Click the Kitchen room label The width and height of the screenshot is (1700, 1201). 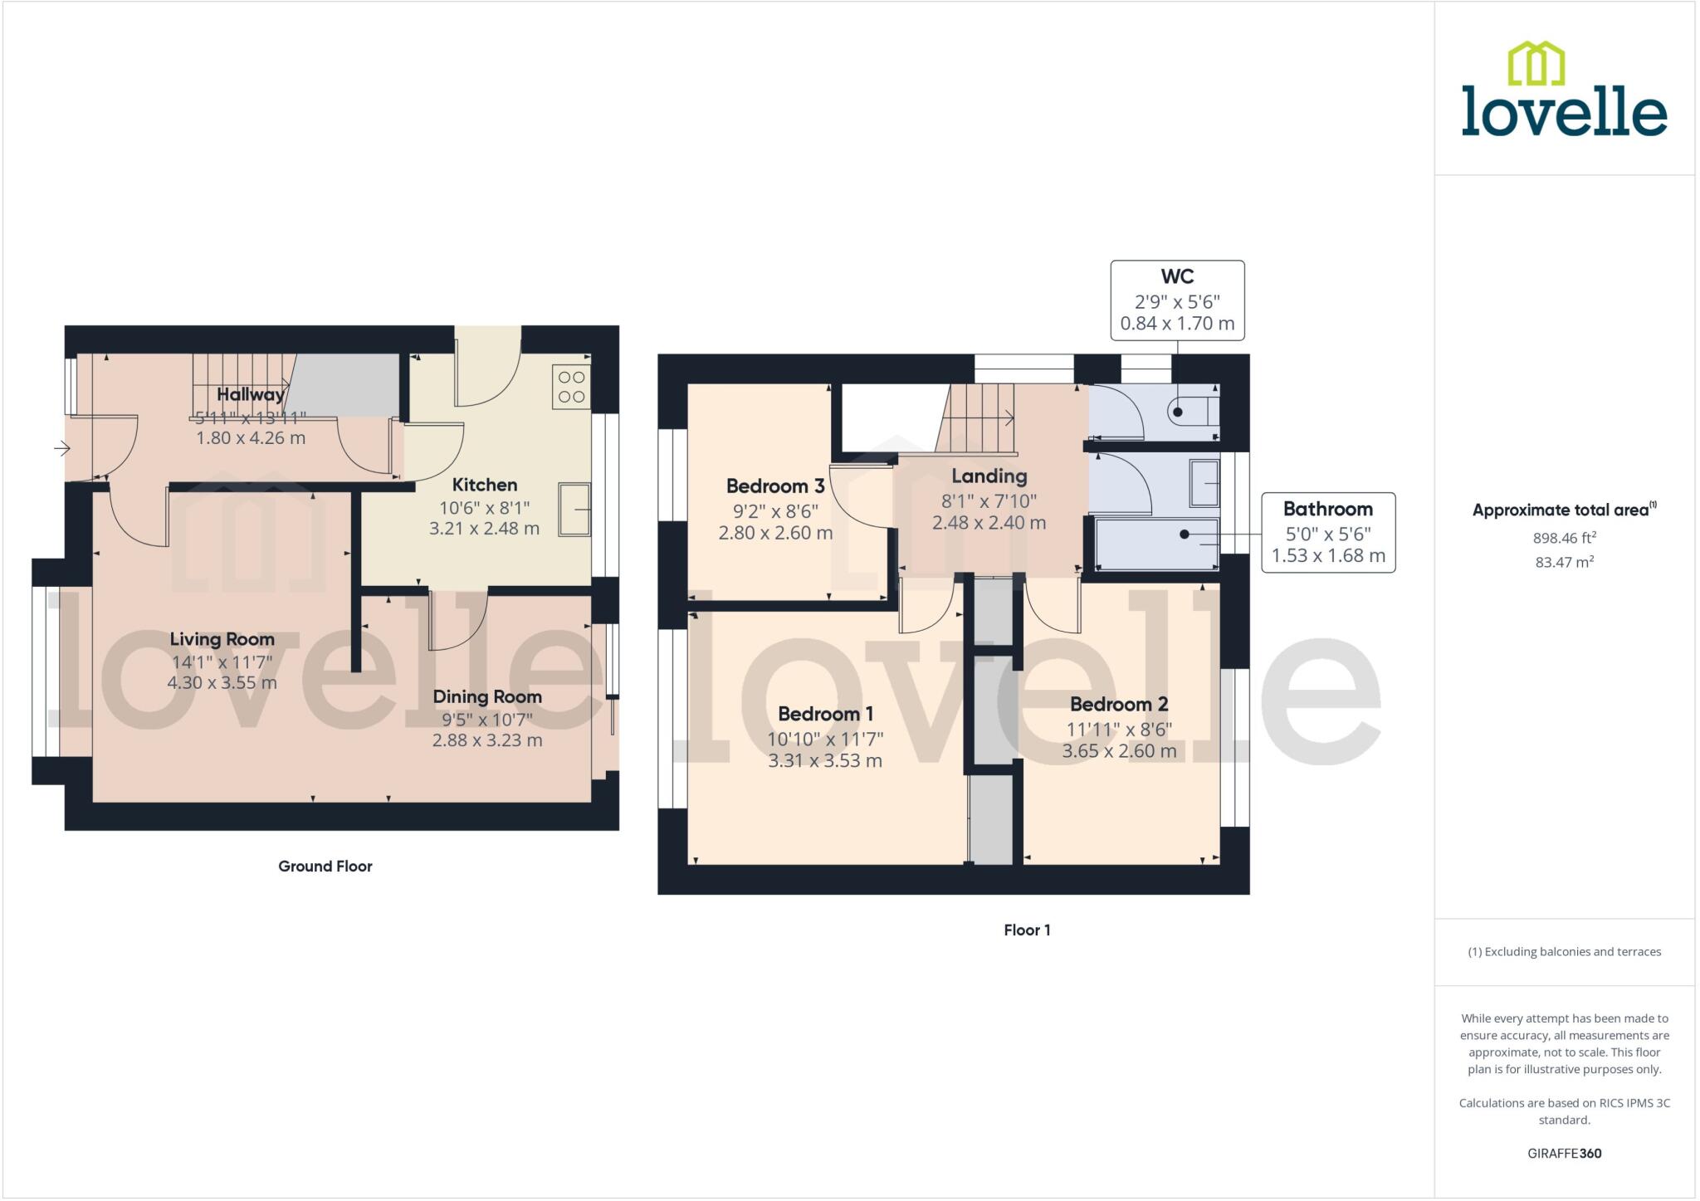point(484,485)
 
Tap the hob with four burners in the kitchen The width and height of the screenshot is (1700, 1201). point(571,387)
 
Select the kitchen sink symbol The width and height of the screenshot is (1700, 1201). point(574,510)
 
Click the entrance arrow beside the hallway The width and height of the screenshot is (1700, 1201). point(62,449)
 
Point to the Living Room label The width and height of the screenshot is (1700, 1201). point(222,639)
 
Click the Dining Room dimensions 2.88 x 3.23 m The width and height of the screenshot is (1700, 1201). point(487,740)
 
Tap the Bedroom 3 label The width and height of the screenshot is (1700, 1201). point(774,486)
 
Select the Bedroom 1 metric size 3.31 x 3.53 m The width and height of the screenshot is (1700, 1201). point(824,761)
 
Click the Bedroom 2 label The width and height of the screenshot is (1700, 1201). point(1118,705)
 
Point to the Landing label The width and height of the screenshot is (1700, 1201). point(989,476)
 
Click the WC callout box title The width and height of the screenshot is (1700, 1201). point(1177,276)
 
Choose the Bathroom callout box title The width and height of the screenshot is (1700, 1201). point(1327,509)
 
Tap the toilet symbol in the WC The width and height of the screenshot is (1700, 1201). point(1194,411)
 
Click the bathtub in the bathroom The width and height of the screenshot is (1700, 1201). point(1156,544)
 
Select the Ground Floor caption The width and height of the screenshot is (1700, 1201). point(325,867)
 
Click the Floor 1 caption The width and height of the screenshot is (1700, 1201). point(1027,930)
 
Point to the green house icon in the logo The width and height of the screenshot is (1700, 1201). point(1536,64)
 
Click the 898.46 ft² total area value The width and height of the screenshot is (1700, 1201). point(1564,538)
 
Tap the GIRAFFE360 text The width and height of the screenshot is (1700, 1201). point(1564,1154)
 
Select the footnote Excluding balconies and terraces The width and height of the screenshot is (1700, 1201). point(1564,952)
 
